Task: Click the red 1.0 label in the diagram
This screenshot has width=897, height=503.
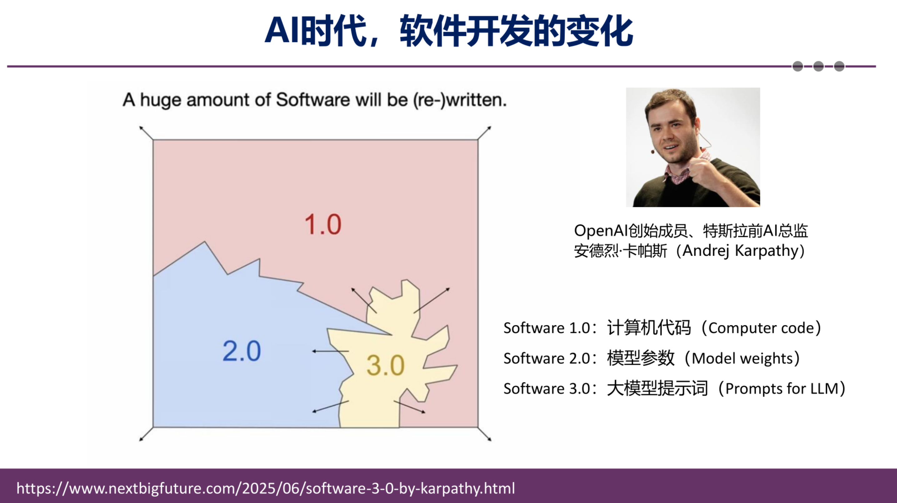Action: (x=323, y=224)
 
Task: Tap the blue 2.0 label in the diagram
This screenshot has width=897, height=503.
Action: (x=242, y=351)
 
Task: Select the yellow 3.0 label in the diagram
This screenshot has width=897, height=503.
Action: (x=386, y=366)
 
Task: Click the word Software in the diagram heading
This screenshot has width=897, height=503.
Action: (x=313, y=100)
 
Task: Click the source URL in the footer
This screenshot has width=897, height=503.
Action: (x=265, y=488)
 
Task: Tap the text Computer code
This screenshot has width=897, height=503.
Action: (x=761, y=328)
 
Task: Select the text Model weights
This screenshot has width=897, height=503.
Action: (x=742, y=358)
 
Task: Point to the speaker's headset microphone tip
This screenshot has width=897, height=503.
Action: (x=653, y=151)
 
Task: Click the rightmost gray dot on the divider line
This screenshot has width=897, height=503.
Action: (x=839, y=66)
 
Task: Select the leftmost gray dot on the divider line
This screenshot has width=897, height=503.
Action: (x=797, y=66)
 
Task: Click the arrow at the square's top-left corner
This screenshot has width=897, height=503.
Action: (x=146, y=133)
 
